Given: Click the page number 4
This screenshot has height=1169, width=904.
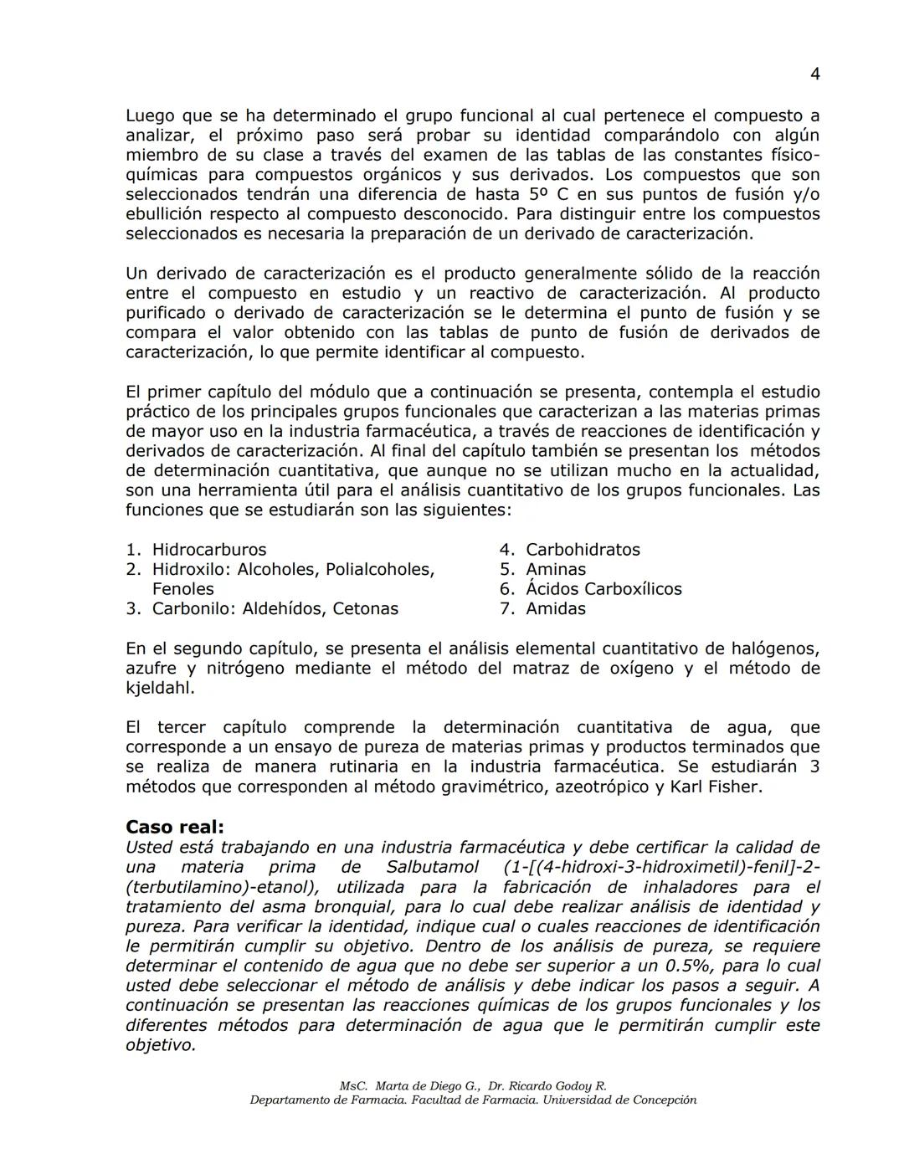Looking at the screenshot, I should [x=814, y=74].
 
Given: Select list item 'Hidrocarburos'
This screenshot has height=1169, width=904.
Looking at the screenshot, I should [x=208, y=550].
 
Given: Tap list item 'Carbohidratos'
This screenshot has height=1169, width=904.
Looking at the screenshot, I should [x=582, y=550].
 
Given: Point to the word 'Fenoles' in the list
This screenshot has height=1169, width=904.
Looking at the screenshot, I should [x=182, y=589].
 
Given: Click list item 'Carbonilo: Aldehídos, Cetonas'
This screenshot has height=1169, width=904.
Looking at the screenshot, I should [x=275, y=609].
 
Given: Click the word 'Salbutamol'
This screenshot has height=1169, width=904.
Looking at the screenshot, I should [x=433, y=868].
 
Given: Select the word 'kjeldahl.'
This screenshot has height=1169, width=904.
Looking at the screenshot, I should [x=160, y=689].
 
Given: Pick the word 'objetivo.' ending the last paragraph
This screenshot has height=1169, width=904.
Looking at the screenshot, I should [x=160, y=1045].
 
